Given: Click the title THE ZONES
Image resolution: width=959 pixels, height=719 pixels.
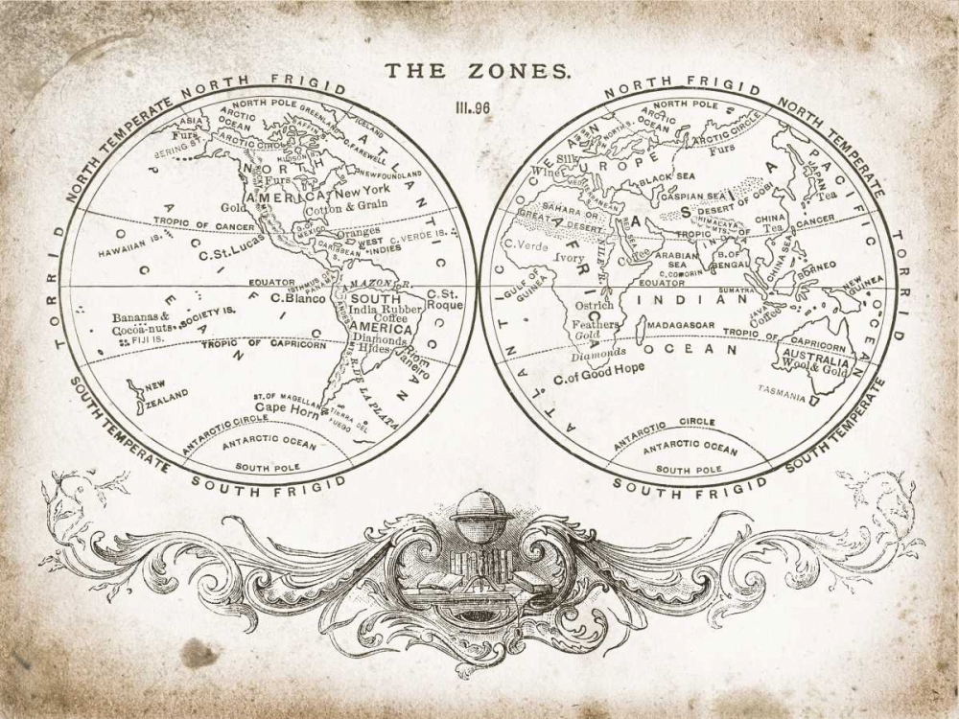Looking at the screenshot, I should pyautogui.click(x=478, y=71).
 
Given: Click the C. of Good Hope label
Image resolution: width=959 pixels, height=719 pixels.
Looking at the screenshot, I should pyautogui.click(x=598, y=368).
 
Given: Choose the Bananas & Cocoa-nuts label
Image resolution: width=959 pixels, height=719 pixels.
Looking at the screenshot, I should pyautogui.click(x=141, y=323).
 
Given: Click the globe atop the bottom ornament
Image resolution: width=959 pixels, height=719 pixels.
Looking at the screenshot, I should pyautogui.click(x=480, y=507).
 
